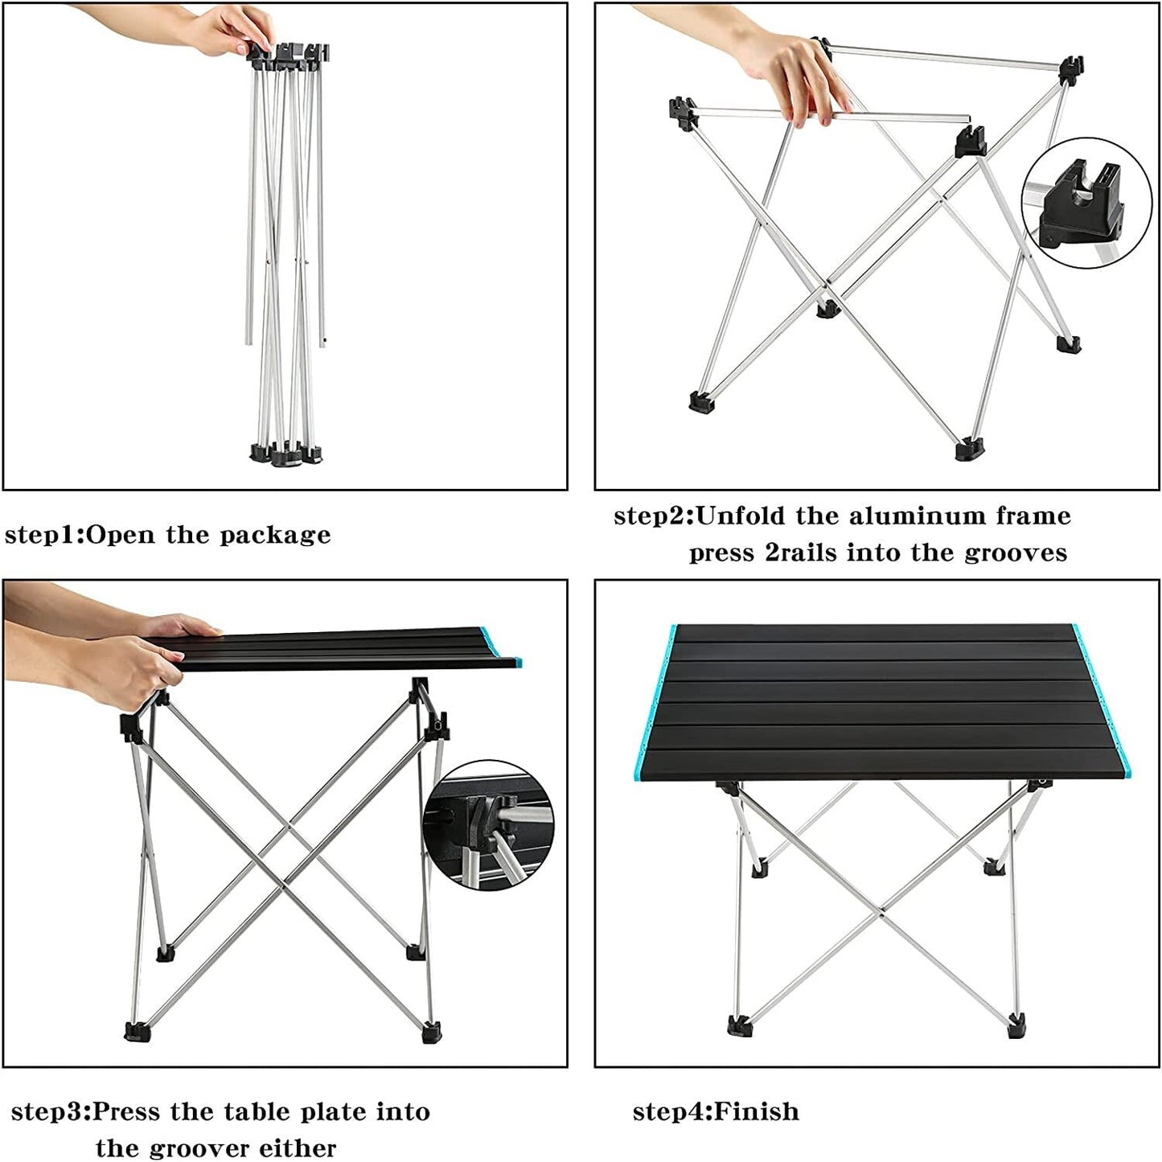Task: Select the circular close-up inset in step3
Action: pos(489,825)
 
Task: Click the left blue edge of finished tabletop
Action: pos(655,700)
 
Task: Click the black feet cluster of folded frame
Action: pos(285,454)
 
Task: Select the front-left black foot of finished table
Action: pos(739,1025)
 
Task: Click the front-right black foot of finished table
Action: pos(1016,1026)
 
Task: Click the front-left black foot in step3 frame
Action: pos(136,1032)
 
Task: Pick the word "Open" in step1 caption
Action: pos(121,534)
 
